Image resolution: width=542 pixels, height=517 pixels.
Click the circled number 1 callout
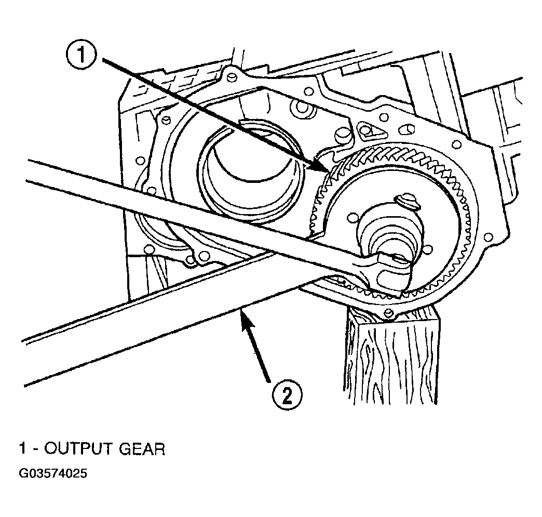click(x=82, y=55)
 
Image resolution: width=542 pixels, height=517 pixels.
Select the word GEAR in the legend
click(x=142, y=449)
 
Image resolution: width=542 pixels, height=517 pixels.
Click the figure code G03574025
click(x=53, y=473)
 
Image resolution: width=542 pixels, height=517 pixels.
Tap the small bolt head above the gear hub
click(x=409, y=200)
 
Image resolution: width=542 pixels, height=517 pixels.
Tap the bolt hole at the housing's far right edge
click(x=489, y=237)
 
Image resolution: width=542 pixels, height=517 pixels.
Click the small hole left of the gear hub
click(x=352, y=218)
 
